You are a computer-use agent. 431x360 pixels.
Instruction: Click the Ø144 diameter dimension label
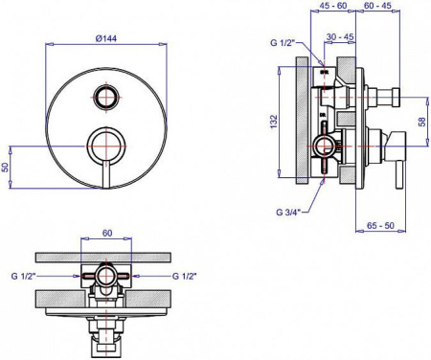106,38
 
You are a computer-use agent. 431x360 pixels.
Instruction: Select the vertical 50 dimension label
5,168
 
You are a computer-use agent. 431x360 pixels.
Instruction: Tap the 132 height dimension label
274,122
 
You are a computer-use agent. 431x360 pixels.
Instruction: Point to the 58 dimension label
422,122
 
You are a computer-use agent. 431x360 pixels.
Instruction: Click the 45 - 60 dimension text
333,6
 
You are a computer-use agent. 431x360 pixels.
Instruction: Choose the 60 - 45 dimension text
377,6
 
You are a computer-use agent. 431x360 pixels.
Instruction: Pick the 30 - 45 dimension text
340,36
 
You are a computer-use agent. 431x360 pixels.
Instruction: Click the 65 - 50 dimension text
380,225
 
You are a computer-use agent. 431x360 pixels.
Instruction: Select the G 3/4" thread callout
289,212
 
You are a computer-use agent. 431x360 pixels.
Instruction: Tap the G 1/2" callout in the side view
284,42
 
